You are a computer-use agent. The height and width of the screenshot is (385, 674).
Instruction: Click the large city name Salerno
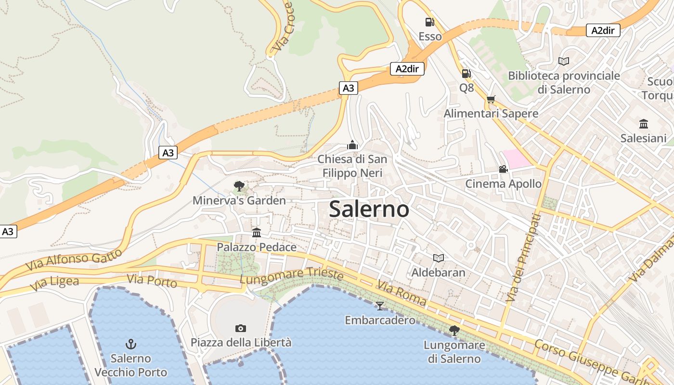pos(369,209)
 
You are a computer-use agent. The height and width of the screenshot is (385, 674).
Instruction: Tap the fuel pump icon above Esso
pos(429,22)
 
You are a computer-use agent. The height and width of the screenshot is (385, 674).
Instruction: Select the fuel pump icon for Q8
pos(466,74)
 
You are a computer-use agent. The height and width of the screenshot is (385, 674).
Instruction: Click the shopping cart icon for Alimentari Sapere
pos(491,100)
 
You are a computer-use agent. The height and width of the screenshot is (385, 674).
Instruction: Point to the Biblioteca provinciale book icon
pos(564,61)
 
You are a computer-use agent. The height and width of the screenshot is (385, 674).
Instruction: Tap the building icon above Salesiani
pos(643,124)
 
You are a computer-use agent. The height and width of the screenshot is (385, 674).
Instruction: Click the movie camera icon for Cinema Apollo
pos(503,169)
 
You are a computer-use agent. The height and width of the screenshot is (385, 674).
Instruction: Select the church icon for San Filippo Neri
pos(352,145)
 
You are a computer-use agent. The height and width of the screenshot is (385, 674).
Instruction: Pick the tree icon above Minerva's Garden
pos(239,186)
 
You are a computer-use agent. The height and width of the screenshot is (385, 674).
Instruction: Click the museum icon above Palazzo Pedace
pos(257,233)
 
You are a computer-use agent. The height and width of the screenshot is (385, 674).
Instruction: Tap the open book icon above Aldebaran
pos(438,258)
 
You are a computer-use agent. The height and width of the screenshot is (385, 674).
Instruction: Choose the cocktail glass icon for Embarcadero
pos(380,306)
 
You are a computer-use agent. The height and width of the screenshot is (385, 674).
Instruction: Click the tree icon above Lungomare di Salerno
pos(454,331)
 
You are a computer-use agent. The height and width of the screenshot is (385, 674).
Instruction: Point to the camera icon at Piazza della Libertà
pos(241,328)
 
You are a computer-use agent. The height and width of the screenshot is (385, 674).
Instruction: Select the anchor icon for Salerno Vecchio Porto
pos(130,344)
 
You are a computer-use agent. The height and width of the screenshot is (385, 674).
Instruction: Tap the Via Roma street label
pos(402,293)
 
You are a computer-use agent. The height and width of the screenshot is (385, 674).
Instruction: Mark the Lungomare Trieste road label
pos(292,275)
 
